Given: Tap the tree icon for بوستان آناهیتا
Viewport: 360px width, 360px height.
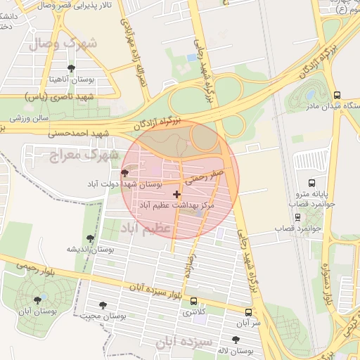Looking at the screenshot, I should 71,68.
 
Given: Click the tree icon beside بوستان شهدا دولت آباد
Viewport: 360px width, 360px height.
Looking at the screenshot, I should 125,173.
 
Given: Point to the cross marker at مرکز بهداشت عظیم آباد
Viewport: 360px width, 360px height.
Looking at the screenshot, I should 176,193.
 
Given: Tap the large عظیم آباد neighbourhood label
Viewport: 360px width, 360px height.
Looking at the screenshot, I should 146,229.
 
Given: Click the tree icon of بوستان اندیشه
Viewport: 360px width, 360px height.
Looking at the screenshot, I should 90,239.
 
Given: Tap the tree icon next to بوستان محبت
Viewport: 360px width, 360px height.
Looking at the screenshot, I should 104,306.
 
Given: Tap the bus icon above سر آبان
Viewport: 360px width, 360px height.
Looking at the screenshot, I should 248,312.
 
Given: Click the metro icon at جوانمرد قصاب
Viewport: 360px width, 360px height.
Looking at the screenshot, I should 298,217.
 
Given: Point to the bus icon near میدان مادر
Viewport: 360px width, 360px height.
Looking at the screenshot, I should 337,95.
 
